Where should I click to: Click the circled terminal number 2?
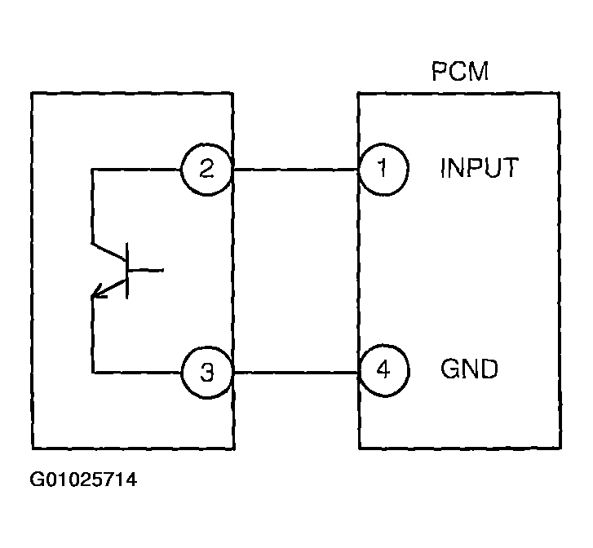click(207, 170)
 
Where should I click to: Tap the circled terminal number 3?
click(207, 373)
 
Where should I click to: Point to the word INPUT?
click(479, 169)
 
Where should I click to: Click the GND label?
click(469, 370)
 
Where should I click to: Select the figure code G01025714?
click(83, 479)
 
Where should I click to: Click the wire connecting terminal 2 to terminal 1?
click(295, 170)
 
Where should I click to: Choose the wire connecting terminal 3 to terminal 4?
click(295, 373)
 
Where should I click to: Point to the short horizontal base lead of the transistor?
click(147, 269)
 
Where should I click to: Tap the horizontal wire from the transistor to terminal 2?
click(135, 170)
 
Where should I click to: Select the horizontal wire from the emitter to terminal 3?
click(135, 373)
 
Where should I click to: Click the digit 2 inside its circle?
click(207, 170)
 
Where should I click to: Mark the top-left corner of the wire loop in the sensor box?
click(92, 170)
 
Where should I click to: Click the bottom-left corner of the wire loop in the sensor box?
click(92, 373)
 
